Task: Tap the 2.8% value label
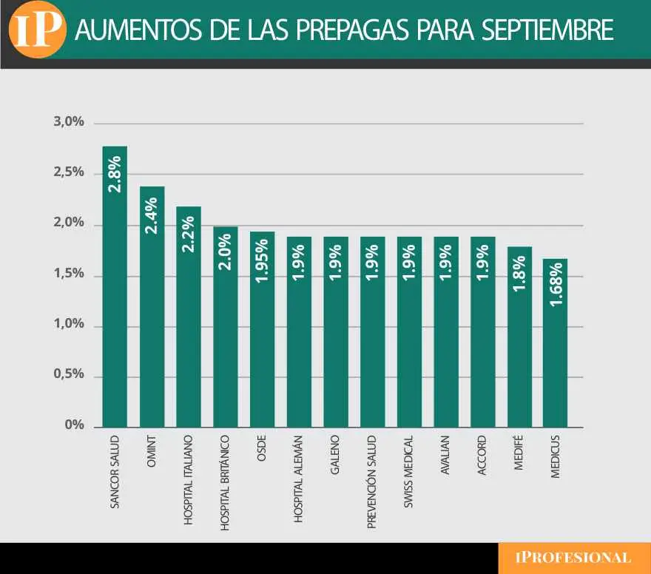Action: (x=115, y=175)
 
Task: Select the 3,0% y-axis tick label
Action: (x=69, y=122)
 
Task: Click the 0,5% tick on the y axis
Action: (x=69, y=375)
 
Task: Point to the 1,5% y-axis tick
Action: (x=69, y=274)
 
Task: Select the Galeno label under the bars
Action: (x=335, y=455)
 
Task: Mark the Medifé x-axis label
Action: (x=519, y=453)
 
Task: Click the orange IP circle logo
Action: (x=36, y=30)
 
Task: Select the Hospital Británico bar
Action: (x=226, y=333)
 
